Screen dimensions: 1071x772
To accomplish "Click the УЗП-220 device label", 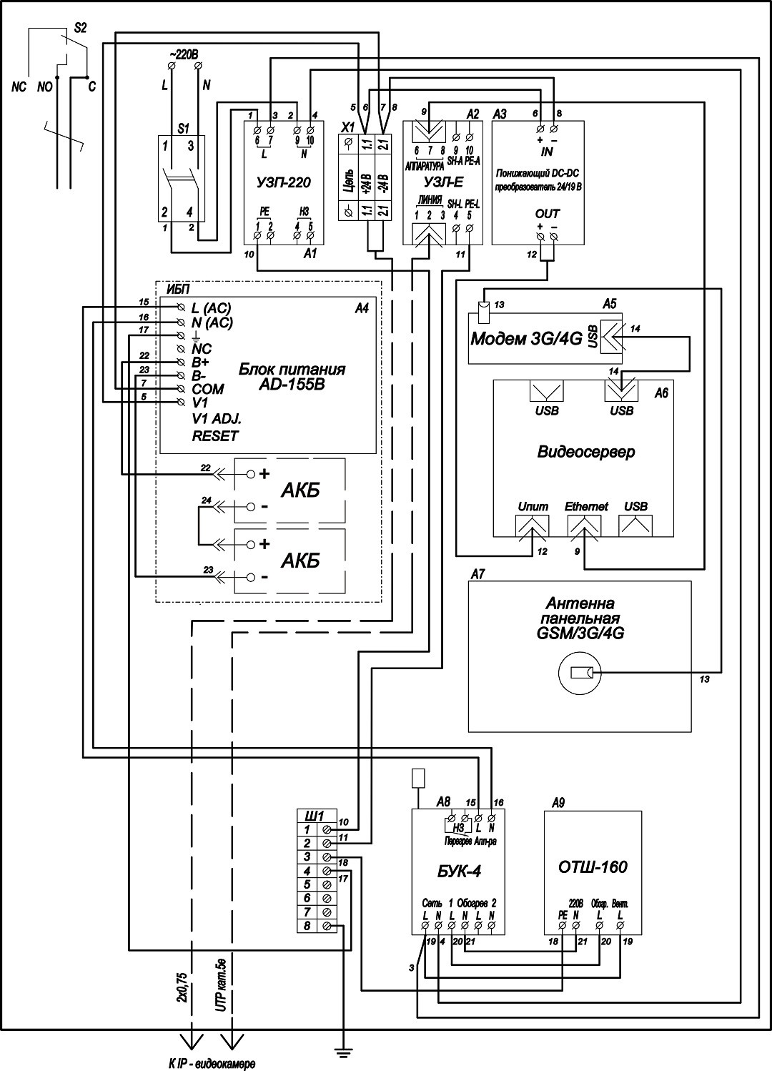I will tap(283, 182).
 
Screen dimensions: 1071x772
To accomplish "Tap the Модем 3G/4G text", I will tap(525, 338).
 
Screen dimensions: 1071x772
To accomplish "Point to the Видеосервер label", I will tap(585, 452).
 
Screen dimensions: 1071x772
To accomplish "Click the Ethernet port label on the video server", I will tap(585, 506).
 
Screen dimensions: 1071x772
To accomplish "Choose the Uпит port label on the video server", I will tap(533, 506).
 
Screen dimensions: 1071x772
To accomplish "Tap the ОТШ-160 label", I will tap(593, 867).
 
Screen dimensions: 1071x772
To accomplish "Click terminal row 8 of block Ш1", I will tap(307, 927).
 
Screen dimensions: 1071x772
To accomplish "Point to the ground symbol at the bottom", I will tap(344, 1051).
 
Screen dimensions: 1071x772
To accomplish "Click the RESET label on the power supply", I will tap(214, 436).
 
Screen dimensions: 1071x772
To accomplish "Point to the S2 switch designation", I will tap(80, 29).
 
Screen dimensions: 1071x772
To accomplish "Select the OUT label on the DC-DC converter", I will tap(547, 213).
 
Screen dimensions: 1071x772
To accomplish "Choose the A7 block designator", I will tap(477, 574).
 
